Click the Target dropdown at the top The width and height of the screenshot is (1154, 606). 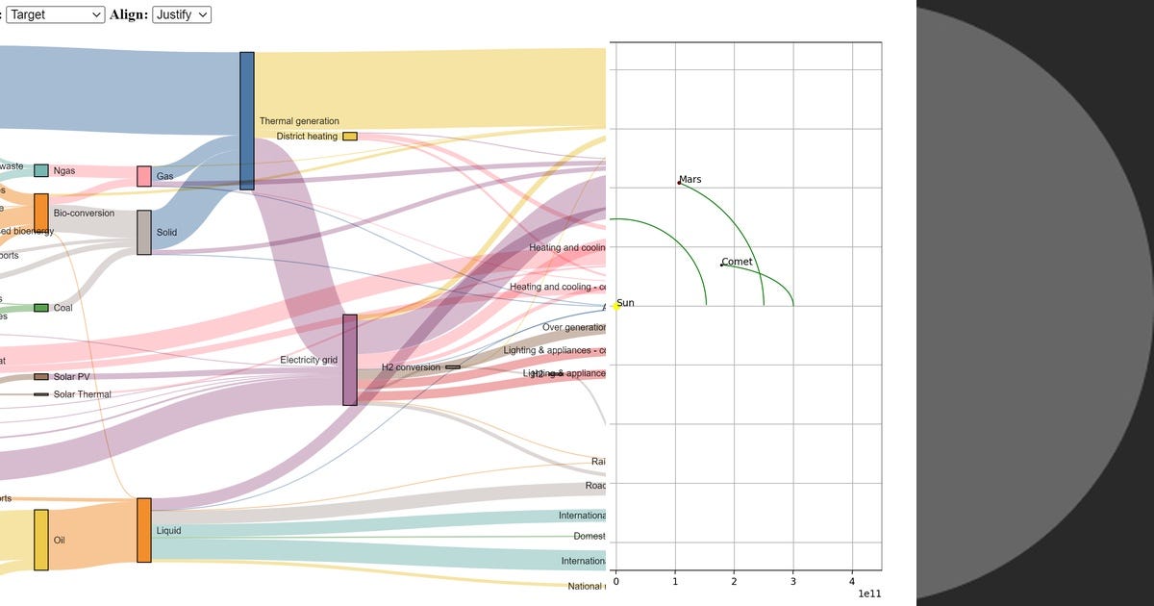(56, 14)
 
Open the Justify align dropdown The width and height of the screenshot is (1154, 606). (181, 14)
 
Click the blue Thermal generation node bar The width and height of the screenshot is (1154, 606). (247, 120)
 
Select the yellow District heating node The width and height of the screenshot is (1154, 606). (350, 137)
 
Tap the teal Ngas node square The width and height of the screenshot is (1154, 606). (41, 170)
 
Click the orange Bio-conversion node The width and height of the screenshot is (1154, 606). (41, 213)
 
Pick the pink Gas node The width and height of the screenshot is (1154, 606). (144, 176)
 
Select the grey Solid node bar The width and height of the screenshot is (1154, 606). (144, 232)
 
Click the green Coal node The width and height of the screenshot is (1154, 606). (41, 308)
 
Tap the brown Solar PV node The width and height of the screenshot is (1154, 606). (41, 377)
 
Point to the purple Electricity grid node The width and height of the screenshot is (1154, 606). (350, 360)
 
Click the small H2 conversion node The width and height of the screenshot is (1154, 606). (453, 367)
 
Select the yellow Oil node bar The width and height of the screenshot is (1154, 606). (41, 540)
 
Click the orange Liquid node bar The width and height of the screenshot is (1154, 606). (144, 530)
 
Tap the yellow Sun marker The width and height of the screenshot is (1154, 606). (615, 306)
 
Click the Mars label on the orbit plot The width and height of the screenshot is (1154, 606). (690, 180)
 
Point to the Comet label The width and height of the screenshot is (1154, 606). (737, 262)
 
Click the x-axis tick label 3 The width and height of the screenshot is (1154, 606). (793, 581)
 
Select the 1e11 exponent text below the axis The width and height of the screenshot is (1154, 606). (868, 594)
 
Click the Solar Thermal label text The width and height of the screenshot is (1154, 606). (82, 394)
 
